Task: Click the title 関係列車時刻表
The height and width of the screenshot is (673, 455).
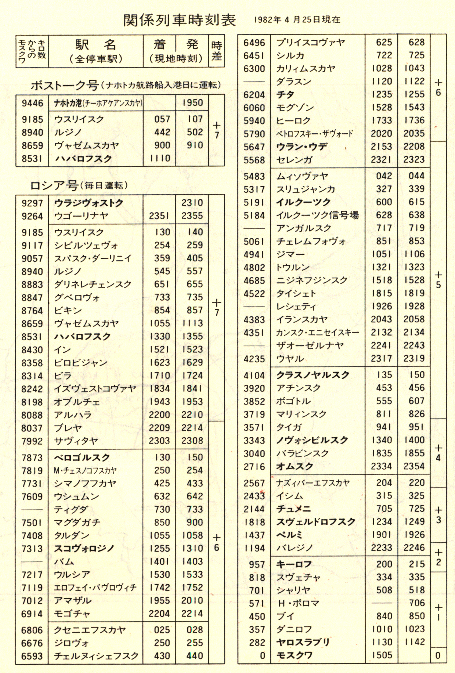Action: (x=180, y=20)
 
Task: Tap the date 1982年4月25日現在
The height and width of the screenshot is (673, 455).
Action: (x=297, y=20)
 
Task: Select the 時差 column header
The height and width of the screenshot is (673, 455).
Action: (x=216, y=51)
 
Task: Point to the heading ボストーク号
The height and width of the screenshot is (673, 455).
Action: (x=65, y=86)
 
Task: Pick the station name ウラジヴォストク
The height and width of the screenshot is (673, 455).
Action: (x=89, y=203)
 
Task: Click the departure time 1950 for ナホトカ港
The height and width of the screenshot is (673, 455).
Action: (x=192, y=103)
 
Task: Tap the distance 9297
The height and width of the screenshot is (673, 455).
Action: (x=32, y=203)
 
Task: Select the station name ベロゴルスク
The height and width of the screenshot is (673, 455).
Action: (x=82, y=457)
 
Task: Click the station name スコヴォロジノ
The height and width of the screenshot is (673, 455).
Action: (x=84, y=549)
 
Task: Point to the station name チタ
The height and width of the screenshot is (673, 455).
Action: (x=285, y=94)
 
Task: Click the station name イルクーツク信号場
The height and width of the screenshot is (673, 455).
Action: (x=317, y=215)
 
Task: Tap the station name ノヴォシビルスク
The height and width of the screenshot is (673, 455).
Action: (x=312, y=440)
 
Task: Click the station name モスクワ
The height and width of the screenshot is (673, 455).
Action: (x=294, y=655)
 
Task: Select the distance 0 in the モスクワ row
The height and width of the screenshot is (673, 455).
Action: (x=262, y=656)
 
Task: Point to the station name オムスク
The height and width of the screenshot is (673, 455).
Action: (x=294, y=466)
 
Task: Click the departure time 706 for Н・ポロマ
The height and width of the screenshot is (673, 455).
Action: (x=416, y=603)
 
